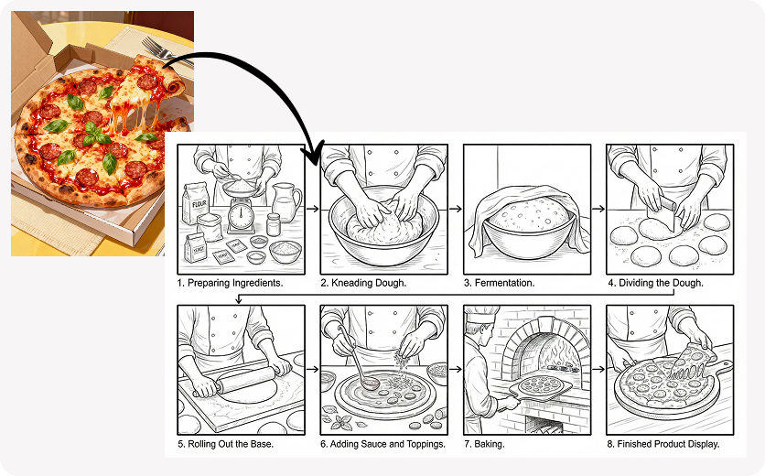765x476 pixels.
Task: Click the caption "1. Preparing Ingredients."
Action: click(x=230, y=284)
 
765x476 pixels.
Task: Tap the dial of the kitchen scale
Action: click(x=241, y=215)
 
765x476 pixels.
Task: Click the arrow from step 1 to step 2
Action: click(x=312, y=210)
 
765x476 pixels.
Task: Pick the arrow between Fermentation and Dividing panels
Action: click(x=598, y=210)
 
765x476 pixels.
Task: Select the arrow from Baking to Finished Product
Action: click(x=598, y=371)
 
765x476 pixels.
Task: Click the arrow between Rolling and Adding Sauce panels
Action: click(x=312, y=371)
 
